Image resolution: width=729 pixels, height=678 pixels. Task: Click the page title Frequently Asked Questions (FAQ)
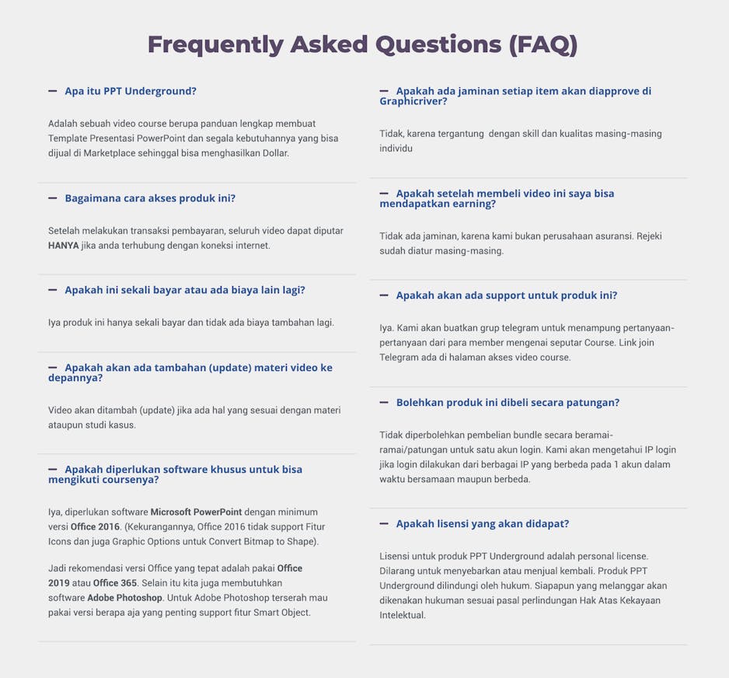point(363,44)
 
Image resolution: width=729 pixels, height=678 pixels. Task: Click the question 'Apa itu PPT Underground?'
point(131,91)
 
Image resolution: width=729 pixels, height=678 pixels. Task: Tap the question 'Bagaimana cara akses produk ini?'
point(150,198)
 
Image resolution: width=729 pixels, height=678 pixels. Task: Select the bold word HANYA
point(63,246)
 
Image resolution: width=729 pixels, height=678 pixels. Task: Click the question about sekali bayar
point(185,290)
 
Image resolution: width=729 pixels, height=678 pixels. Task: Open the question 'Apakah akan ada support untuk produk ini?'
point(507,295)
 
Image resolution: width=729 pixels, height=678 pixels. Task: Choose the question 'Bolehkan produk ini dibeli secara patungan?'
point(508,403)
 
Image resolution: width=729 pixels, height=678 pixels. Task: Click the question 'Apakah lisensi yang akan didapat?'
point(483,524)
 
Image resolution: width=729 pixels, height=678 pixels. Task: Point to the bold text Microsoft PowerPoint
point(196,512)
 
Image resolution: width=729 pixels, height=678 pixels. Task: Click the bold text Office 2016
point(94,527)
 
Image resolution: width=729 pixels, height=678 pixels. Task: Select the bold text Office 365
point(116,583)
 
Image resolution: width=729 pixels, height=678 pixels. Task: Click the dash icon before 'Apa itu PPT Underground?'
point(53,91)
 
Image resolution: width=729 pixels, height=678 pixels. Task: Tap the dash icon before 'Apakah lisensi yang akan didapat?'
point(384,524)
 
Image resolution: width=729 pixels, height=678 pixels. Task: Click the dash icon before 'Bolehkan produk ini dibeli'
point(384,403)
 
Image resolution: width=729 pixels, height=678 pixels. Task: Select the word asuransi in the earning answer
point(608,236)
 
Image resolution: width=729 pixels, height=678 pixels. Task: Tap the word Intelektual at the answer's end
point(403,615)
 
